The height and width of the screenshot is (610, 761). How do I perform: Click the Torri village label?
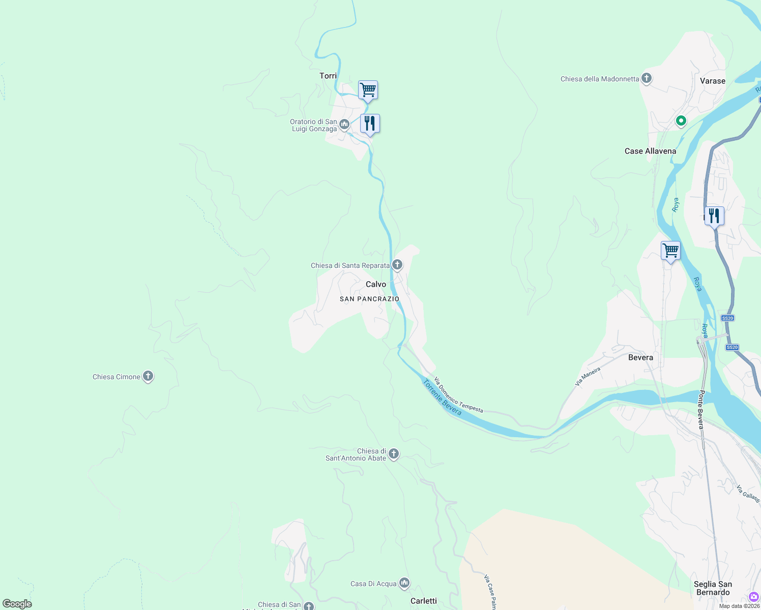coord(328,76)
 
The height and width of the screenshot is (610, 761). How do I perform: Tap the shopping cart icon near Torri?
coord(368,90)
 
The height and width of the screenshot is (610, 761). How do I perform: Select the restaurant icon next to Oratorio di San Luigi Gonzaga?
coord(370,124)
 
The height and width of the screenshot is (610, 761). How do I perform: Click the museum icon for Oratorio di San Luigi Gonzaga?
coord(344,125)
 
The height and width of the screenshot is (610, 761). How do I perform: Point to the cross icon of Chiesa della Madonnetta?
coord(647,78)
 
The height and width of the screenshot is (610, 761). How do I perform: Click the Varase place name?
coord(712,81)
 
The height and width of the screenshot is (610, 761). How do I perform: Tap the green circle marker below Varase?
coord(681,121)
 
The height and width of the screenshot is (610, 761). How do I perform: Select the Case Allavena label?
coord(650,151)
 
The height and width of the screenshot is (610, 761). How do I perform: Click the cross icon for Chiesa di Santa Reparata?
coord(397,265)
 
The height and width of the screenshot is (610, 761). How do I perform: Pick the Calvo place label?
coord(376,284)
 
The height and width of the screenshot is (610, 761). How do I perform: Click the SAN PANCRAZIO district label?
coord(370,299)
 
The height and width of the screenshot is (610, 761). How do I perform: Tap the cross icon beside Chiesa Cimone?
coord(148,376)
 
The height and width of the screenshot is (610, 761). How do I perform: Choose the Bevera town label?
coord(640,357)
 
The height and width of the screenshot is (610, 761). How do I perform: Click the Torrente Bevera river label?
coord(442,398)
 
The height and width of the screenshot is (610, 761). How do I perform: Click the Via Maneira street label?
coord(588,376)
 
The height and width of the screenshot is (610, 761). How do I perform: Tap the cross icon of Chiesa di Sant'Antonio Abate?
coord(393,453)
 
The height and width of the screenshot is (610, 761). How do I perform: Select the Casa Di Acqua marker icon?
coord(404,583)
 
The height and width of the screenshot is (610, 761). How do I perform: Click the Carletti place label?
coord(424,601)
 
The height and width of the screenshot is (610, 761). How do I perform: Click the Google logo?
coord(17,604)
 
